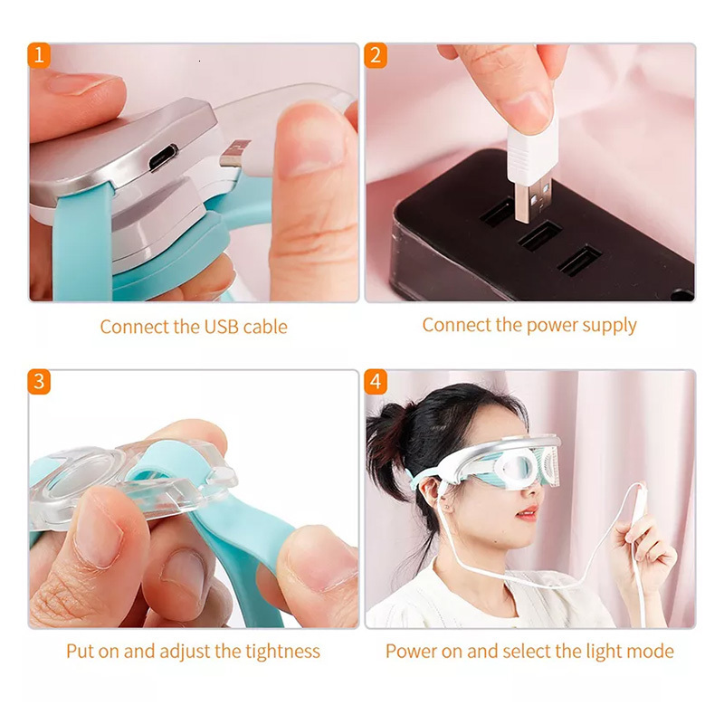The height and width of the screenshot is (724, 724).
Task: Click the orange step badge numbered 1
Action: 39,55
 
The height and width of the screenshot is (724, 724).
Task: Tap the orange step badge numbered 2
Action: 376,55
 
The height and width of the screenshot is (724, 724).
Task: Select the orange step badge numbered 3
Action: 39,382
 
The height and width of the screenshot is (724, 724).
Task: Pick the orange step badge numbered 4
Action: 376,382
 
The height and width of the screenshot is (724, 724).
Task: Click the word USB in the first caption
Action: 221,327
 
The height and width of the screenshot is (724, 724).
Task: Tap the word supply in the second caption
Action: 609,326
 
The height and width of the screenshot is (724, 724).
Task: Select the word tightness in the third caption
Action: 282,652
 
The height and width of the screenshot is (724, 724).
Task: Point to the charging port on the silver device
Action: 163,157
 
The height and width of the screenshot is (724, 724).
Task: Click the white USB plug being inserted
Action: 533,170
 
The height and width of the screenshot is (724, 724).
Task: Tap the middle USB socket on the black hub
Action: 540,236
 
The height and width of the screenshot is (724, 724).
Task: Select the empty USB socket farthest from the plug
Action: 579,261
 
